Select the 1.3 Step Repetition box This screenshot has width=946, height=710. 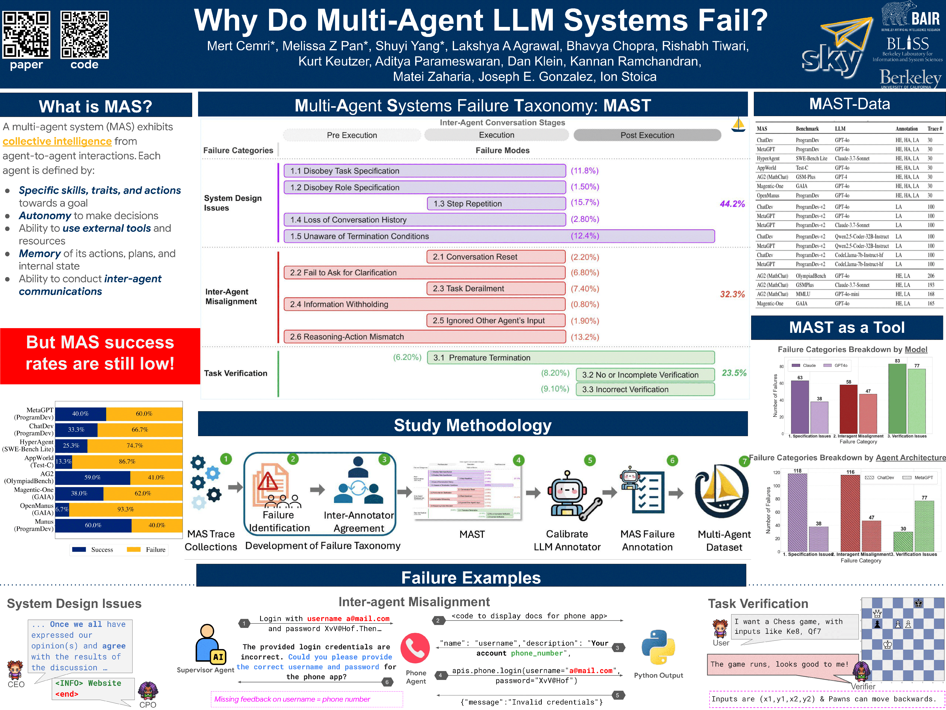tap(496, 204)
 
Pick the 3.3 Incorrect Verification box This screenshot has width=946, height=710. tap(645, 390)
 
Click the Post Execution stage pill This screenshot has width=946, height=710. tap(647, 135)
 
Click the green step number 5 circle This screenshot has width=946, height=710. tap(590, 461)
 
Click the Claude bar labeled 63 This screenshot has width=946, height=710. tap(800, 407)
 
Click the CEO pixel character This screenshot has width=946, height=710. tap(15, 670)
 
